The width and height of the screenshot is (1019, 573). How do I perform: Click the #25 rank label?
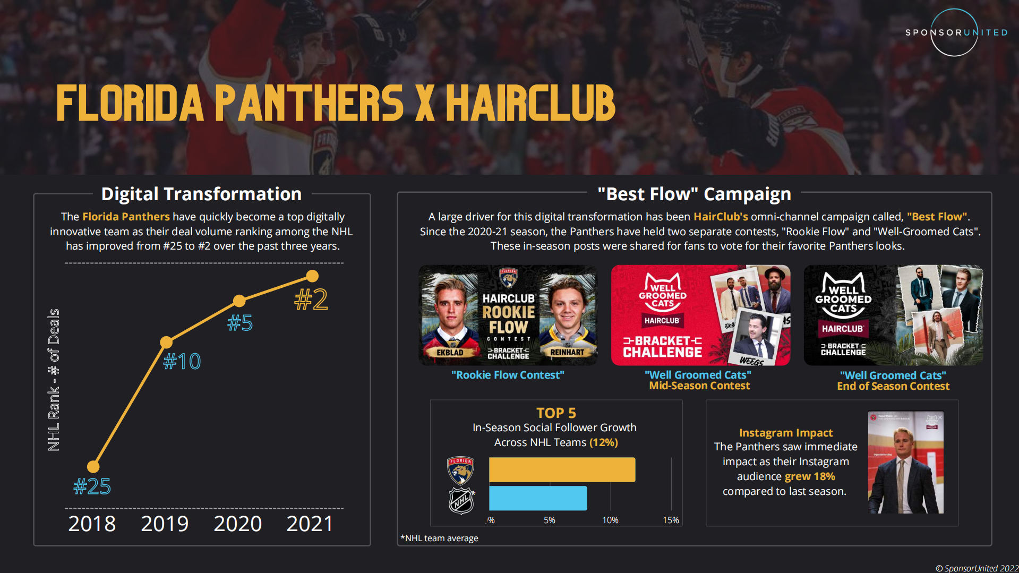pos(92,486)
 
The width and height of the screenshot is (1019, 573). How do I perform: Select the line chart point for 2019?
pos(166,342)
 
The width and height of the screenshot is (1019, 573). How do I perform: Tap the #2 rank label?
pos(311,300)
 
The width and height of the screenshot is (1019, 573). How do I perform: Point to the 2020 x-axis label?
pos(237,524)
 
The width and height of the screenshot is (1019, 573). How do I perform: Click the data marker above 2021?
pos(312,276)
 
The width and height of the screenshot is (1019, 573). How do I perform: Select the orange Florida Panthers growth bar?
pos(562,470)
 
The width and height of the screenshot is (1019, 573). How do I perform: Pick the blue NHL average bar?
pos(537,498)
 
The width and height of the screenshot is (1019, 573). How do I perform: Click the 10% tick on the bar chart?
pos(610,520)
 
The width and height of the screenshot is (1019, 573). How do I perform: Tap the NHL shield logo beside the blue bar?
pos(461,500)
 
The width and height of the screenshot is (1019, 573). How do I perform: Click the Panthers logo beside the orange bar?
pos(460,470)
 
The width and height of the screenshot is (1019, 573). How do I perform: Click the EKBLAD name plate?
pos(450,353)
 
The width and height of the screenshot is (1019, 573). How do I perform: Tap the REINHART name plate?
pos(567,352)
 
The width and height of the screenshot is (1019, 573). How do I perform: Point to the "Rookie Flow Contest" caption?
pos(508,375)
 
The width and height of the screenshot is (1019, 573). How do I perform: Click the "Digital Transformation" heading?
pos(201,194)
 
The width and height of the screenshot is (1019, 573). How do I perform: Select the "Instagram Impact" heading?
pos(786,433)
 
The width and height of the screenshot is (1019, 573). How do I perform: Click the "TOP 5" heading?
pos(556,413)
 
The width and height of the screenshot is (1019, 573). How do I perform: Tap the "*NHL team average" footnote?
pos(439,538)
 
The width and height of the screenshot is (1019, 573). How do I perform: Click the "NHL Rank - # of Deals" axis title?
pos(54,380)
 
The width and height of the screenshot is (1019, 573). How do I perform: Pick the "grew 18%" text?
pos(810,476)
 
